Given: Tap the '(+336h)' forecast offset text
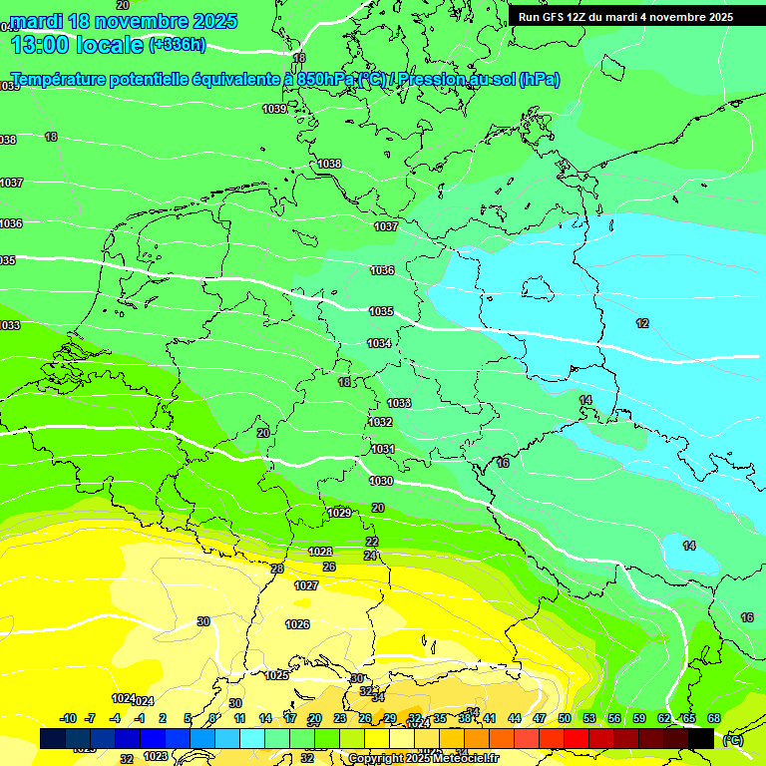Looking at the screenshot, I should [x=178, y=44].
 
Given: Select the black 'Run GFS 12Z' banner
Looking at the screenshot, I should [x=625, y=16].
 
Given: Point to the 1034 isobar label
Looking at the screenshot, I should [x=379, y=343].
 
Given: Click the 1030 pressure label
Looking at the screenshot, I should [x=381, y=481].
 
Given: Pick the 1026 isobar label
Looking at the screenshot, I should [x=297, y=624].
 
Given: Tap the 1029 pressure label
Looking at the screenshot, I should [x=339, y=513].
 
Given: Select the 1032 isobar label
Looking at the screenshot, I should [x=380, y=422].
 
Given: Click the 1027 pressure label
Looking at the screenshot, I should [x=306, y=585].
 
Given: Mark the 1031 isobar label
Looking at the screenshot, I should [x=383, y=449].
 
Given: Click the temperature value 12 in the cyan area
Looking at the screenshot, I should [x=642, y=323].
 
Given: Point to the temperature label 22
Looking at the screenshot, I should [x=372, y=542].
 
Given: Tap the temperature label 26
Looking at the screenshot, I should [x=329, y=567].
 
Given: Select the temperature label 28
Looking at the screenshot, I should [x=277, y=569].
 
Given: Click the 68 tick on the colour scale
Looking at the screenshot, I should [x=714, y=718].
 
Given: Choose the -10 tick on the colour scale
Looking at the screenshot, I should [x=69, y=718].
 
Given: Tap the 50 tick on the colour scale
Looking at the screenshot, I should [x=565, y=718].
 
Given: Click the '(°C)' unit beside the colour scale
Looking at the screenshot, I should [x=733, y=740].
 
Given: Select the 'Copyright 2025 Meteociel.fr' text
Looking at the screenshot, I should [x=424, y=759].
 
